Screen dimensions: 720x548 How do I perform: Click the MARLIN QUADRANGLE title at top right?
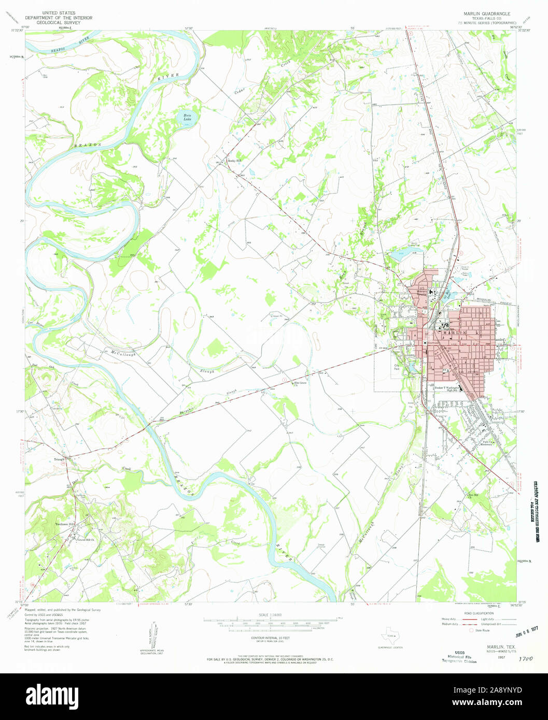482,13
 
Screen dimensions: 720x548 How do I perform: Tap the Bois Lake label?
186,118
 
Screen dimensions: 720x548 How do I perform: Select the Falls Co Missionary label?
486,443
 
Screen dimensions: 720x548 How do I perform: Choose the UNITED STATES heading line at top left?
58,12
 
